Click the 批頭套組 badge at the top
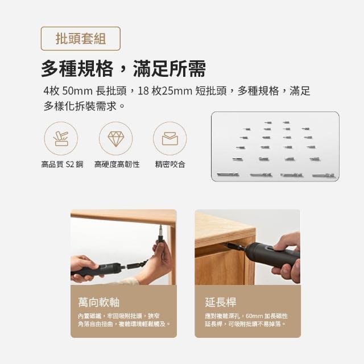pyautogui.click(x=81, y=39)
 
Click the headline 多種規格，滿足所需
pyautogui.click(x=123, y=68)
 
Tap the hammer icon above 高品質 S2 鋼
pyautogui.click(x=61, y=139)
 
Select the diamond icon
pyautogui.click(x=116, y=139)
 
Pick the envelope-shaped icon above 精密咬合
pyautogui.click(x=170, y=139)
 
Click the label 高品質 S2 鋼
pyautogui.click(x=62, y=164)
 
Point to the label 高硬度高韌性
pyautogui.click(x=117, y=164)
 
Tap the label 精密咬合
pyautogui.click(x=170, y=164)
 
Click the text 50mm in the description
pyautogui.click(x=77, y=91)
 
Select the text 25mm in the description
pyautogui.click(x=177, y=91)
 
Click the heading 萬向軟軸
pyautogui.click(x=99, y=302)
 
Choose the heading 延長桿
pyautogui.click(x=221, y=302)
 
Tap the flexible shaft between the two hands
pyautogui.click(x=137, y=265)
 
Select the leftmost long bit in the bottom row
pyautogui.click(x=227, y=174)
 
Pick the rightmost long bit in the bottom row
pyautogui.click(x=324, y=175)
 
